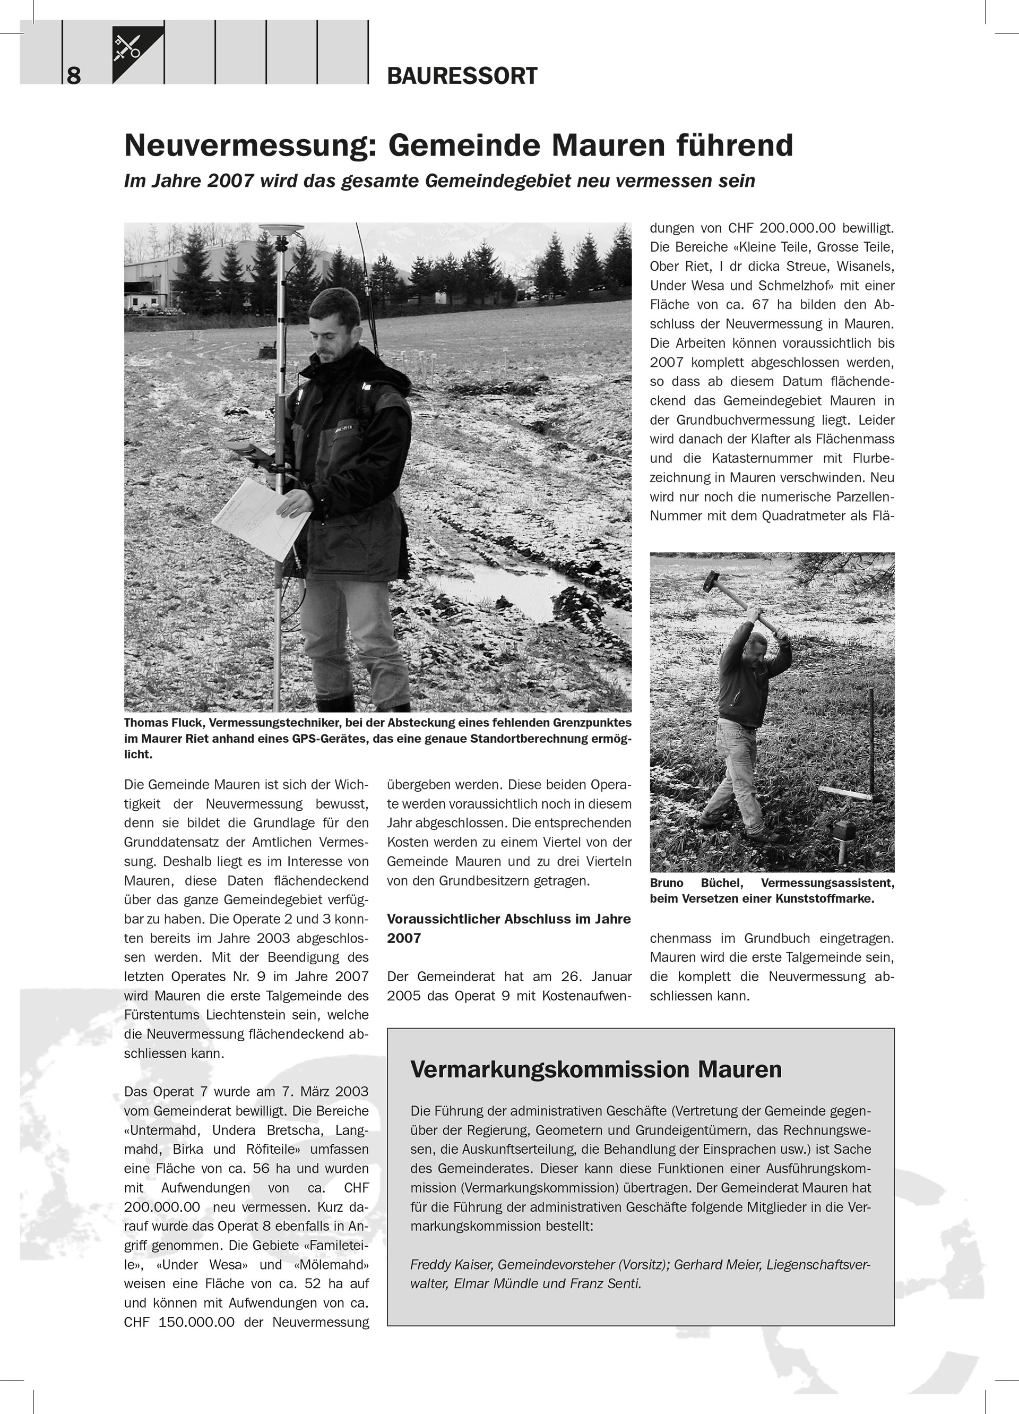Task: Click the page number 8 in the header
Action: coord(74,75)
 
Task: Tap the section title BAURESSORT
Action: coord(462,76)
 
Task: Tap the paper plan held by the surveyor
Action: coord(261,518)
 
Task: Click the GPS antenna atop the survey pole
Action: coord(280,232)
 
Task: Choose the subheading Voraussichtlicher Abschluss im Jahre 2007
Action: coord(508,928)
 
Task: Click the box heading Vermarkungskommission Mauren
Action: coord(596,1069)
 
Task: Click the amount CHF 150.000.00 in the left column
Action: coord(179,1322)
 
